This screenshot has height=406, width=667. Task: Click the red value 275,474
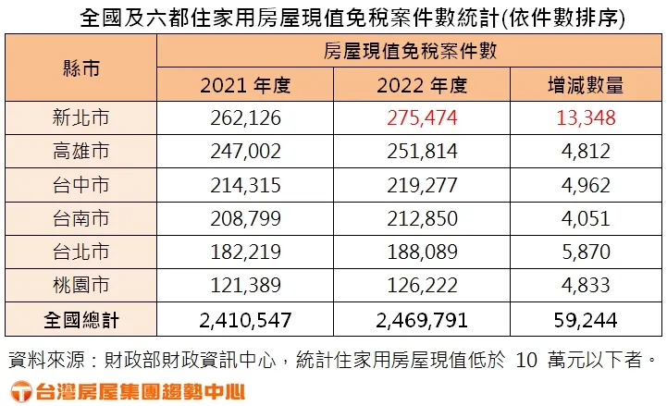[x=422, y=118]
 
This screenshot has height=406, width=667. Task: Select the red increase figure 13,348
[x=586, y=118]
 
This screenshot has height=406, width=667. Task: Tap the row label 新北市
[x=81, y=118]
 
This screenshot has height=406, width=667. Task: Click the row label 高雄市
[x=81, y=152]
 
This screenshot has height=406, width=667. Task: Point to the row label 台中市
[x=81, y=185]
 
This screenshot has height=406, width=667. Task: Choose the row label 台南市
[x=81, y=219]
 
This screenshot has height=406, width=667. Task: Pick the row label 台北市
[x=81, y=252]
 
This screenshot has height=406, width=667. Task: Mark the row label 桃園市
[x=81, y=286]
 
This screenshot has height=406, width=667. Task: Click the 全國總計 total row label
[x=81, y=320]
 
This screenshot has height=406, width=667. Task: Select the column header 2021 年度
[x=246, y=85]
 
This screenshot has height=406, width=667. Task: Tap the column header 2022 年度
[x=422, y=85]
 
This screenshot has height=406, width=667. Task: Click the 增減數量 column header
[x=586, y=85]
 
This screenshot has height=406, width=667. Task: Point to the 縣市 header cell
[x=81, y=68]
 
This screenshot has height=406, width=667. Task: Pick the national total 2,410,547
[x=246, y=320]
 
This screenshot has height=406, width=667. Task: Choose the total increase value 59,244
[x=586, y=320]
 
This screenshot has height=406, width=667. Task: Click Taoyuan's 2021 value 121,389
[x=246, y=286]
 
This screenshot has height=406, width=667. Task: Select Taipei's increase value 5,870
[x=586, y=252]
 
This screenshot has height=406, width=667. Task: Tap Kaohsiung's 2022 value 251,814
[x=422, y=152]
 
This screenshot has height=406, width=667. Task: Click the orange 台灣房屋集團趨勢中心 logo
[x=126, y=388]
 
